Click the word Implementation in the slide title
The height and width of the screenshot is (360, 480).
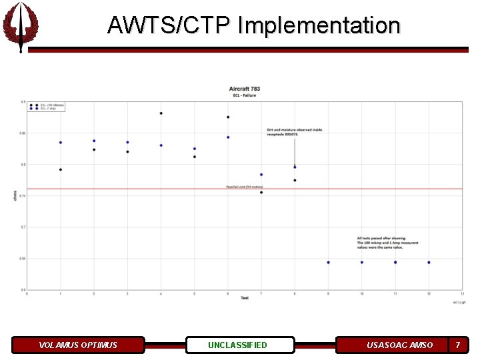click(x=319, y=25)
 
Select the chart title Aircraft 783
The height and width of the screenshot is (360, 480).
click(x=245, y=89)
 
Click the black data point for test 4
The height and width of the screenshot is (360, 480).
click(x=161, y=113)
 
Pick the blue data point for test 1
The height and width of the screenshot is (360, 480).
click(x=61, y=142)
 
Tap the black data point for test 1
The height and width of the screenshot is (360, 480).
click(x=61, y=169)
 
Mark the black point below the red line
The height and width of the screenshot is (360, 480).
click(x=261, y=193)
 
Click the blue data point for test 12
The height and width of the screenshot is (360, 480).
click(x=429, y=262)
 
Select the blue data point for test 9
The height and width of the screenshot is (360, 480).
click(x=328, y=262)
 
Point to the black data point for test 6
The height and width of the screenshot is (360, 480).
click(x=228, y=117)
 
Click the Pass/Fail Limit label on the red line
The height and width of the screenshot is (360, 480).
click(x=245, y=187)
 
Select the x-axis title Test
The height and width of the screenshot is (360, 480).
click(x=245, y=298)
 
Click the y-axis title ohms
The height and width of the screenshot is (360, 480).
click(x=15, y=195)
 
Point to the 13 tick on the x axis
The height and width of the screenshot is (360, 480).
click(x=462, y=293)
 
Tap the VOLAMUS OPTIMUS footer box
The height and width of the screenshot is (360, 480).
click(x=78, y=345)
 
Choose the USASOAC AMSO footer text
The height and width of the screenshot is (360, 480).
click(x=399, y=345)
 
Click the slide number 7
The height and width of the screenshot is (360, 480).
click(x=457, y=345)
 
